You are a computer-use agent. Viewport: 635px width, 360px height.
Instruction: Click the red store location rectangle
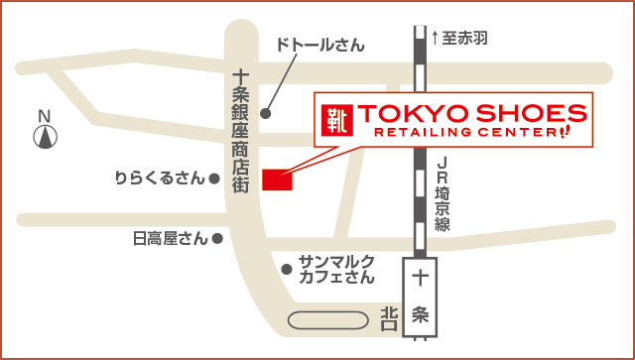(x=277, y=180)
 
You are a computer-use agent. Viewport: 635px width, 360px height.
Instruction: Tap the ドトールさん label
(x=319, y=46)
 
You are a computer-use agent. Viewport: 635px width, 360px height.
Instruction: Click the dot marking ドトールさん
(x=265, y=112)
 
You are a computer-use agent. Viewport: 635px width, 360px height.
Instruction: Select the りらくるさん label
(x=159, y=179)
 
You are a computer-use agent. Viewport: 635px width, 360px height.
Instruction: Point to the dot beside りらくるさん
(x=214, y=180)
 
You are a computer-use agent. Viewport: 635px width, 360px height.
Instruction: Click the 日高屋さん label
(x=171, y=238)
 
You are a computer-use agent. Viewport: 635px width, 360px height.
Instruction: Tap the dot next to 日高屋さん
(x=217, y=238)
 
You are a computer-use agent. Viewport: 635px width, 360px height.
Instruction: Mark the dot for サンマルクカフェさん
(x=286, y=268)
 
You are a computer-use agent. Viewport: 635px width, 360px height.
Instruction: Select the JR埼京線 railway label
(x=442, y=194)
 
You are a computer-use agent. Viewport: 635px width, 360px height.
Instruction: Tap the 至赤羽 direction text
(x=466, y=39)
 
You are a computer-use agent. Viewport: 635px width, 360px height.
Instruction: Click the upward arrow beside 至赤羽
(x=435, y=39)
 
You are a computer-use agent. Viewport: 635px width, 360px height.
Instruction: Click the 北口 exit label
(x=388, y=318)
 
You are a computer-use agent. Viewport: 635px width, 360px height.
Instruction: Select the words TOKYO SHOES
(x=464, y=111)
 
